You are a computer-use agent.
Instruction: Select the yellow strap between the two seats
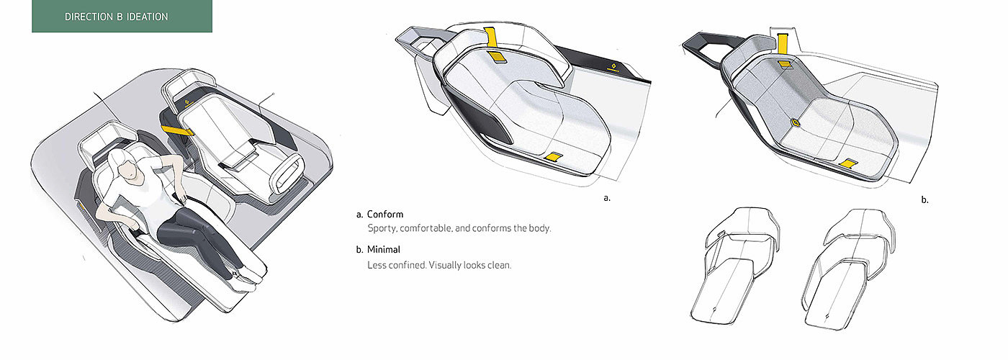179,130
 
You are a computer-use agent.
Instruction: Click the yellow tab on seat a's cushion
555,157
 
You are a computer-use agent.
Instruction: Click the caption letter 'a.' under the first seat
606,197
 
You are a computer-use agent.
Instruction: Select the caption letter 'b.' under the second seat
924,200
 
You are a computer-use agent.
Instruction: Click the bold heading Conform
384,215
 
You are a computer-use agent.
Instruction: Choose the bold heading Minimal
384,250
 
